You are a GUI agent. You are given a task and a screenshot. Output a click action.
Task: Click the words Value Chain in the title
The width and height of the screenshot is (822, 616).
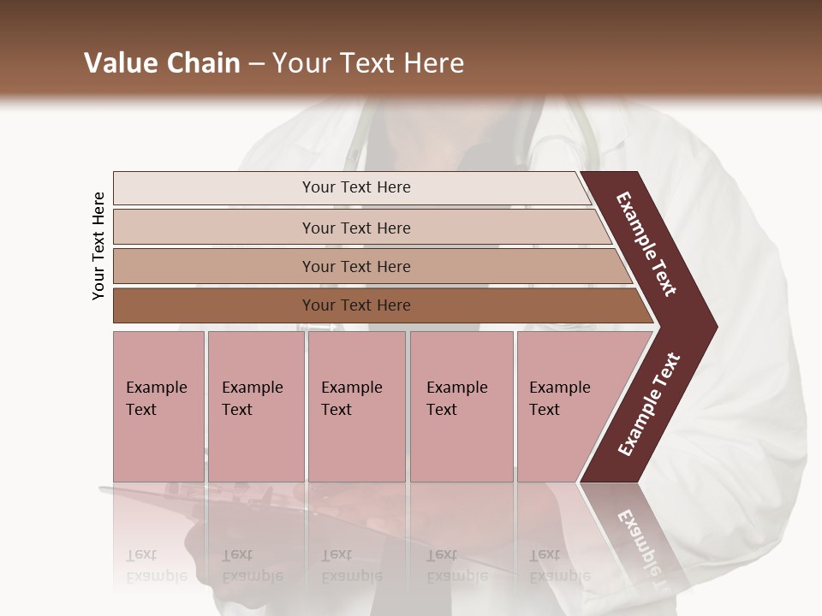[x=162, y=63]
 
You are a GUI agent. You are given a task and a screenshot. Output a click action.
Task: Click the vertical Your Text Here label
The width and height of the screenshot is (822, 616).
[x=98, y=246]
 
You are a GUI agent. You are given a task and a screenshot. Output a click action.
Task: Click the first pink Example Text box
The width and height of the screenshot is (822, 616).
[x=158, y=406]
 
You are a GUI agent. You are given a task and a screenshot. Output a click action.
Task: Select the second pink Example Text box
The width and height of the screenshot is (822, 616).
[x=256, y=406]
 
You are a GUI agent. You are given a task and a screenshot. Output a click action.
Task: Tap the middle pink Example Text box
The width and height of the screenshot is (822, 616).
[x=356, y=406]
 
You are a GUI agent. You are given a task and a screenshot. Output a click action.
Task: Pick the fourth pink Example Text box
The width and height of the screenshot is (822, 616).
[x=462, y=406]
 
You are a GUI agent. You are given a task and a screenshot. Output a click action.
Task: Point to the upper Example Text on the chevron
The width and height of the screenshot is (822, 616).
[x=647, y=244]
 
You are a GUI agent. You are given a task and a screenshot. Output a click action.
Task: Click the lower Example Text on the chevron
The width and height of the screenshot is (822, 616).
[x=649, y=405]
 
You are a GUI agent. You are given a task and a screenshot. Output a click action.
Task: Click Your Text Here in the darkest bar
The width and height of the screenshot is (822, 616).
[x=356, y=305]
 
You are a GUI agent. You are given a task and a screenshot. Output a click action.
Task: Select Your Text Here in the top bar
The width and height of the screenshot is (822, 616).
[x=356, y=187]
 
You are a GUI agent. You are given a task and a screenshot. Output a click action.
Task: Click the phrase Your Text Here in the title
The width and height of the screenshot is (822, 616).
[x=368, y=63]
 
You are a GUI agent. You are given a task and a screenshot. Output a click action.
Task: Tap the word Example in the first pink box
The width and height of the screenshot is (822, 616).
[x=157, y=388]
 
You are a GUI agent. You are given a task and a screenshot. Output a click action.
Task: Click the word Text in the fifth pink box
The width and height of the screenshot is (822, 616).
[x=545, y=410]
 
